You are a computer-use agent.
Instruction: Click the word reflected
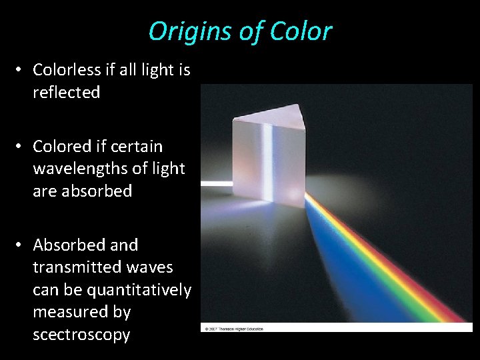(66, 93)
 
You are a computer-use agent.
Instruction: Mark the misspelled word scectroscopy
(81, 335)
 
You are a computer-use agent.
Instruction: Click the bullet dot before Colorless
(21, 70)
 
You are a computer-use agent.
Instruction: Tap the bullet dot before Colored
(21, 146)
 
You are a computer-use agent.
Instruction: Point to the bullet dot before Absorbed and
(21, 245)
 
